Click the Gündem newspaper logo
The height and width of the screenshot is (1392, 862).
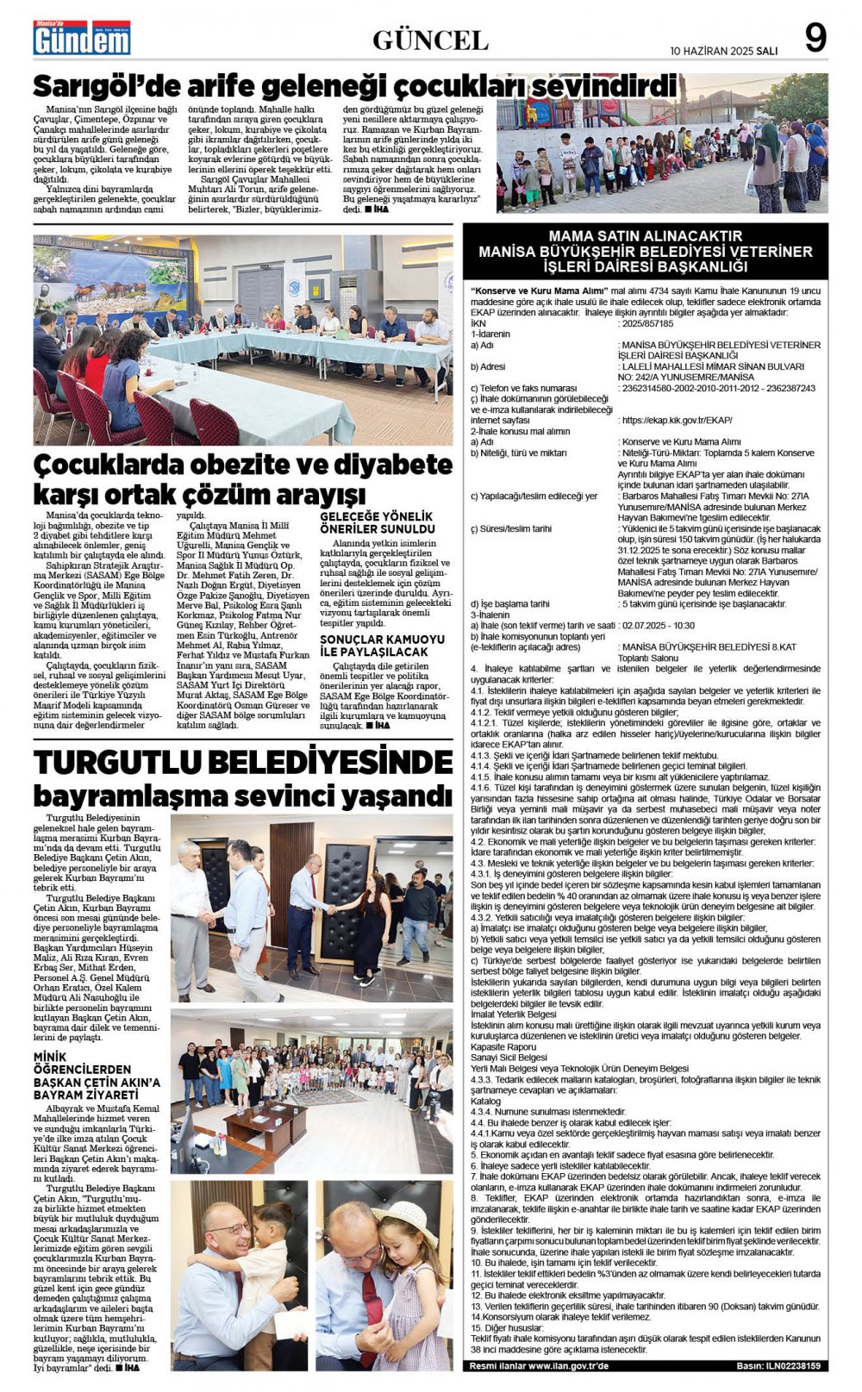(82, 38)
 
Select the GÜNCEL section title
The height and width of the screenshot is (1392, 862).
(430, 40)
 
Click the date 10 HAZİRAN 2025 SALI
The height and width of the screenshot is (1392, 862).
(723, 51)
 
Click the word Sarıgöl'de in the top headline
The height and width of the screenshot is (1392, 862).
(107, 87)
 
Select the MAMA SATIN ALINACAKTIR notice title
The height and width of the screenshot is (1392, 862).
(646, 235)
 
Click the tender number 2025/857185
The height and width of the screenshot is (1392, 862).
(646, 323)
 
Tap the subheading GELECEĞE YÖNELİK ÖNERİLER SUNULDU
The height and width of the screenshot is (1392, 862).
(378, 522)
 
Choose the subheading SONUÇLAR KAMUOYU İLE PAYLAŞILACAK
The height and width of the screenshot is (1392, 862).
(383, 646)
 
